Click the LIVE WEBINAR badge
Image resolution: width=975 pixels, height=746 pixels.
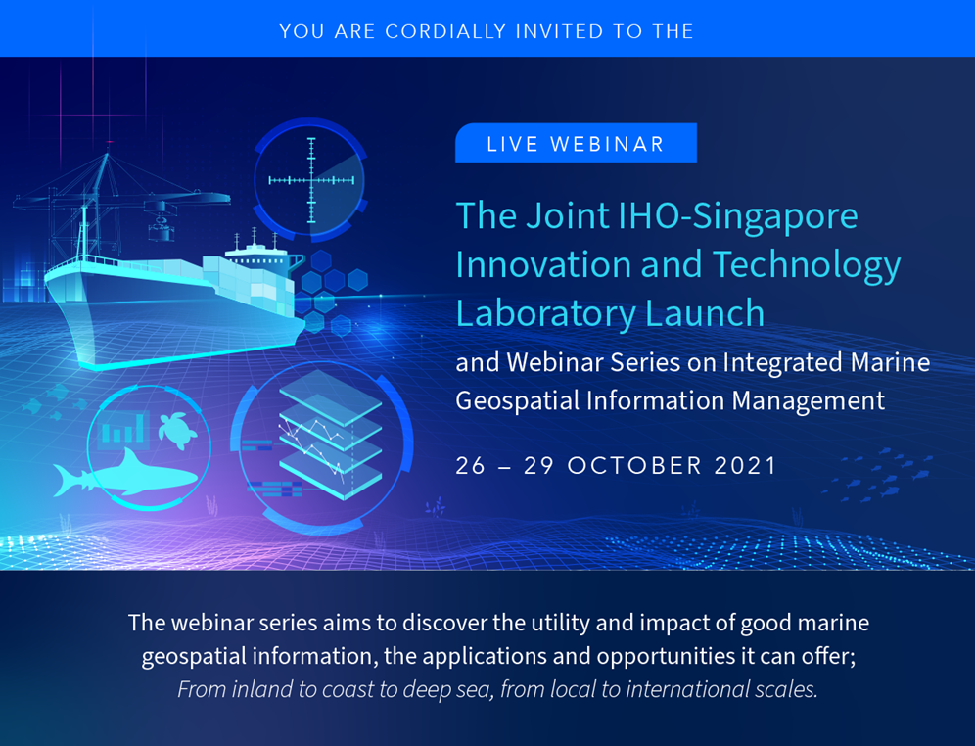pos(576,143)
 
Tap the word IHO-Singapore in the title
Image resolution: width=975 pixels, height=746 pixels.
pos(738,216)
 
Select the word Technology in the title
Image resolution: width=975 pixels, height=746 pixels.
pos(807,265)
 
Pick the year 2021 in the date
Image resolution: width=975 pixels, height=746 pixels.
pos(746,466)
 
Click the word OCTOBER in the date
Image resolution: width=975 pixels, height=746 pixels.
pos(634,466)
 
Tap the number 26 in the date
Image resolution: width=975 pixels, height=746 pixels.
pos(471,466)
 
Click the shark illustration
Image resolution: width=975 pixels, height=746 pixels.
pos(125,474)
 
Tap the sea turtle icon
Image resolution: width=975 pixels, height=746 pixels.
pos(176,430)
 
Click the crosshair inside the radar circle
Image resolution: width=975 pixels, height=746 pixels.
pos(311,180)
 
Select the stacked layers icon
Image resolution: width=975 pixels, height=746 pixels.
pos(330,435)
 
